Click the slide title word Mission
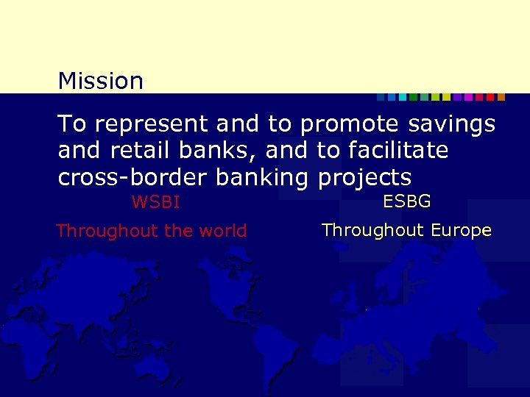100,81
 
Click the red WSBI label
155,201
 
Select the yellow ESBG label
407,201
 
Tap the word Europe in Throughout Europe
461,230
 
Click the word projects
363,178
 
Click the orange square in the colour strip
501,97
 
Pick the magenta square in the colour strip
468,97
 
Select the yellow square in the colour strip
446,97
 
